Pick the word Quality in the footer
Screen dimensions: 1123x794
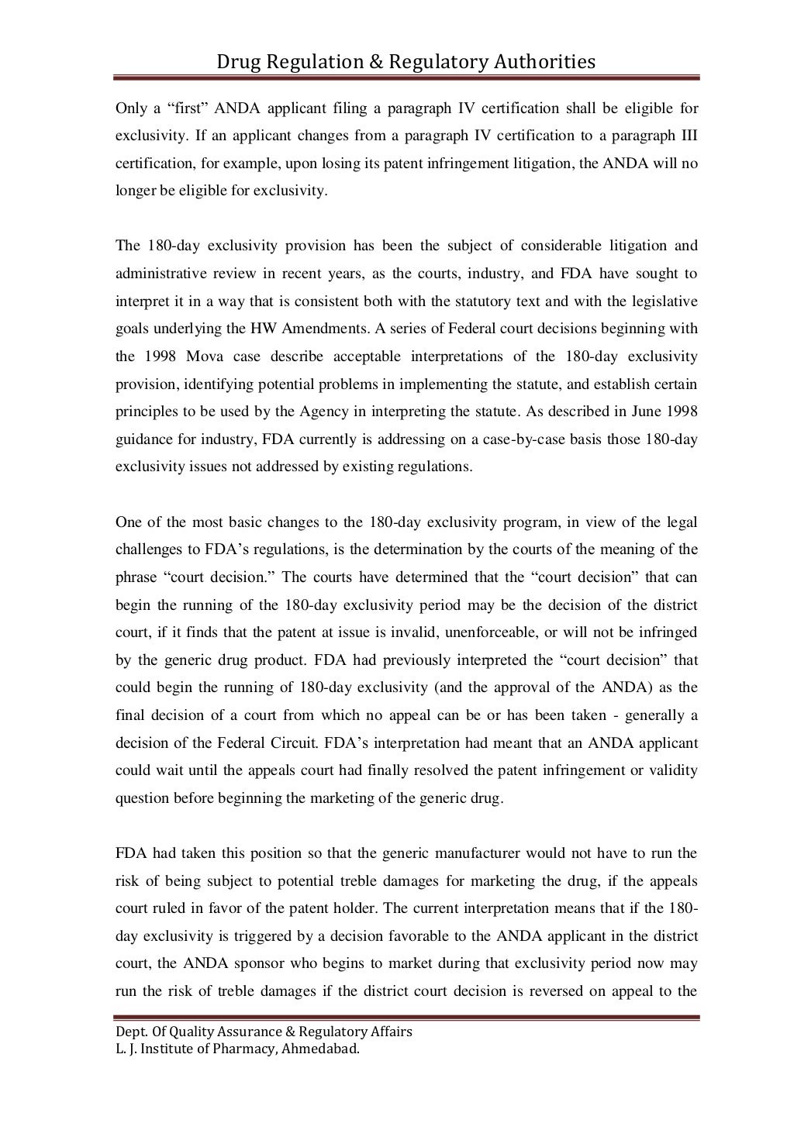click(196, 1032)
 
